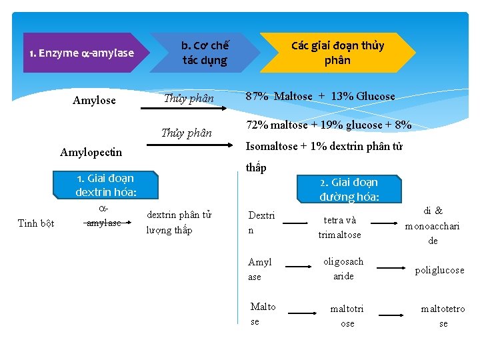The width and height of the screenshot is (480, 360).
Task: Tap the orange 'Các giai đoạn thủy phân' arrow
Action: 337,53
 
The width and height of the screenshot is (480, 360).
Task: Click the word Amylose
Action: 94,101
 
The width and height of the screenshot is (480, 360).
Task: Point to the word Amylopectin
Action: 91,152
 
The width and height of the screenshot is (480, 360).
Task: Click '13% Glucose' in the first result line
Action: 365,97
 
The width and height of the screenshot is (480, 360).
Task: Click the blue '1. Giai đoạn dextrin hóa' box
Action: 105,185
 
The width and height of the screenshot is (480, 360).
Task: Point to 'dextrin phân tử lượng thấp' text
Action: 179,223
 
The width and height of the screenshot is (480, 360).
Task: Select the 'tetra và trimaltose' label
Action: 339,227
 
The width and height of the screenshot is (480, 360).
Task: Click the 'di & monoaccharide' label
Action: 433,225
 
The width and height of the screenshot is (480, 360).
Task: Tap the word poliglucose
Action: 439,270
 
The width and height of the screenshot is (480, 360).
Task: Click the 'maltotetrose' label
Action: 443,316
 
